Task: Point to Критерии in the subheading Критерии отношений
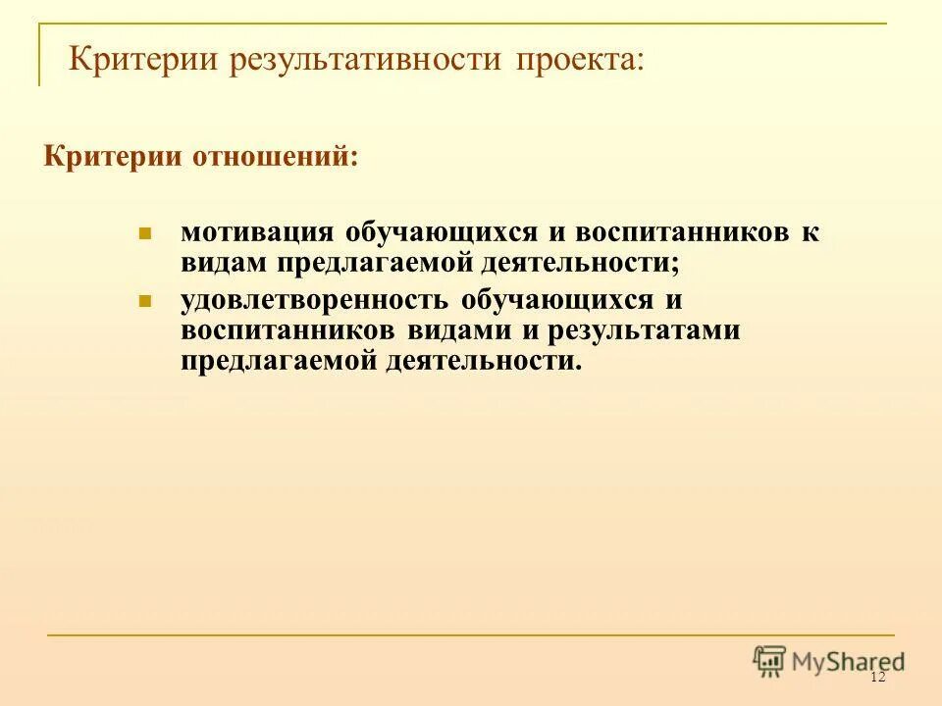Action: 102,157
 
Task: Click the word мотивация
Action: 256,233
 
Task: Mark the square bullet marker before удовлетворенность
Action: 144,300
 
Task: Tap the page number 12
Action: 877,679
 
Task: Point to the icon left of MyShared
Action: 769,662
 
